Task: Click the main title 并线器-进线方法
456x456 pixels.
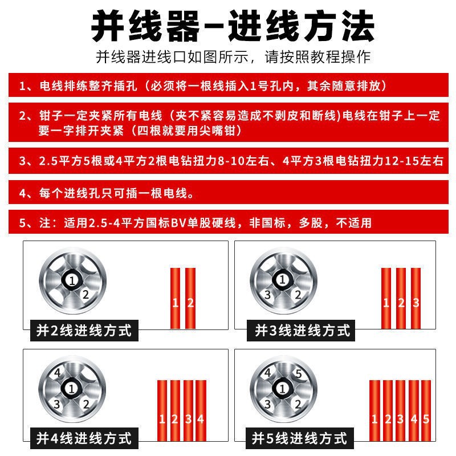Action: [228, 25]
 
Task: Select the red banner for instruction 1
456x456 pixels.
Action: [228, 87]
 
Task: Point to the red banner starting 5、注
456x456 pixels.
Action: [228, 223]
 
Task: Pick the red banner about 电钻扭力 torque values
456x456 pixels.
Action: [228, 162]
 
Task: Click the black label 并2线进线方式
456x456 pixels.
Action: [84, 329]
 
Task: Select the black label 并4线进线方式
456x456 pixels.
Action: [84, 438]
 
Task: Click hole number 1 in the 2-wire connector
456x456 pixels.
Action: [71, 280]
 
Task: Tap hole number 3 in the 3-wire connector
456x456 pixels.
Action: [267, 295]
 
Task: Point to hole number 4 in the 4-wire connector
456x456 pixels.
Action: [57, 374]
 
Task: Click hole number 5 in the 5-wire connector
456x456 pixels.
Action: [298, 374]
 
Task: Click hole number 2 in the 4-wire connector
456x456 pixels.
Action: [85, 404]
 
